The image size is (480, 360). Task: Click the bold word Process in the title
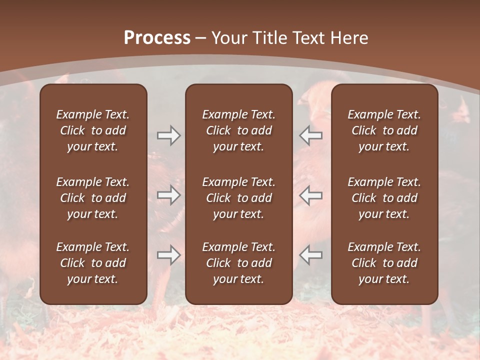pyautogui.click(x=157, y=38)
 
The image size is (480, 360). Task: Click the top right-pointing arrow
pyautogui.click(x=168, y=135)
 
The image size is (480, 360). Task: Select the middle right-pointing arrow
pyautogui.click(x=168, y=195)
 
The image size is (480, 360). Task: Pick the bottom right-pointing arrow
pyautogui.click(x=168, y=255)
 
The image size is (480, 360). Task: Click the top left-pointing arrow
pyautogui.click(x=310, y=135)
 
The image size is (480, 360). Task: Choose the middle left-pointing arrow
pyautogui.click(x=310, y=195)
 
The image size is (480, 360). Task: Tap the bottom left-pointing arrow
pyautogui.click(x=310, y=255)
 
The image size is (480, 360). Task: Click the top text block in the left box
pyautogui.click(x=93, y=130)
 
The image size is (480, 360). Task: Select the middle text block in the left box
pyautogui.click(x=93, y=198)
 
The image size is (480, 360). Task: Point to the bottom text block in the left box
pyautogui.click(x=93, y=263)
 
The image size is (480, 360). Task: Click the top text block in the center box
pyautogui.click(x=238, y=130)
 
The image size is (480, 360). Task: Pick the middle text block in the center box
pyautogui.click(x=238, y=198)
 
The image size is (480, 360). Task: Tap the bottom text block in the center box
pyautogui.click(x=238, y=263)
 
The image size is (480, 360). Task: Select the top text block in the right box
pyautogui.click(x=384, y=130)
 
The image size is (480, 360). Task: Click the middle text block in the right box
pyautogui.click(x=384, y=198)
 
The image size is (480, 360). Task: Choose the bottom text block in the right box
pyautogui.click(x=384, y=263)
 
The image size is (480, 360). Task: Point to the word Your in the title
pyautogui.click(x=229, y=38)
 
